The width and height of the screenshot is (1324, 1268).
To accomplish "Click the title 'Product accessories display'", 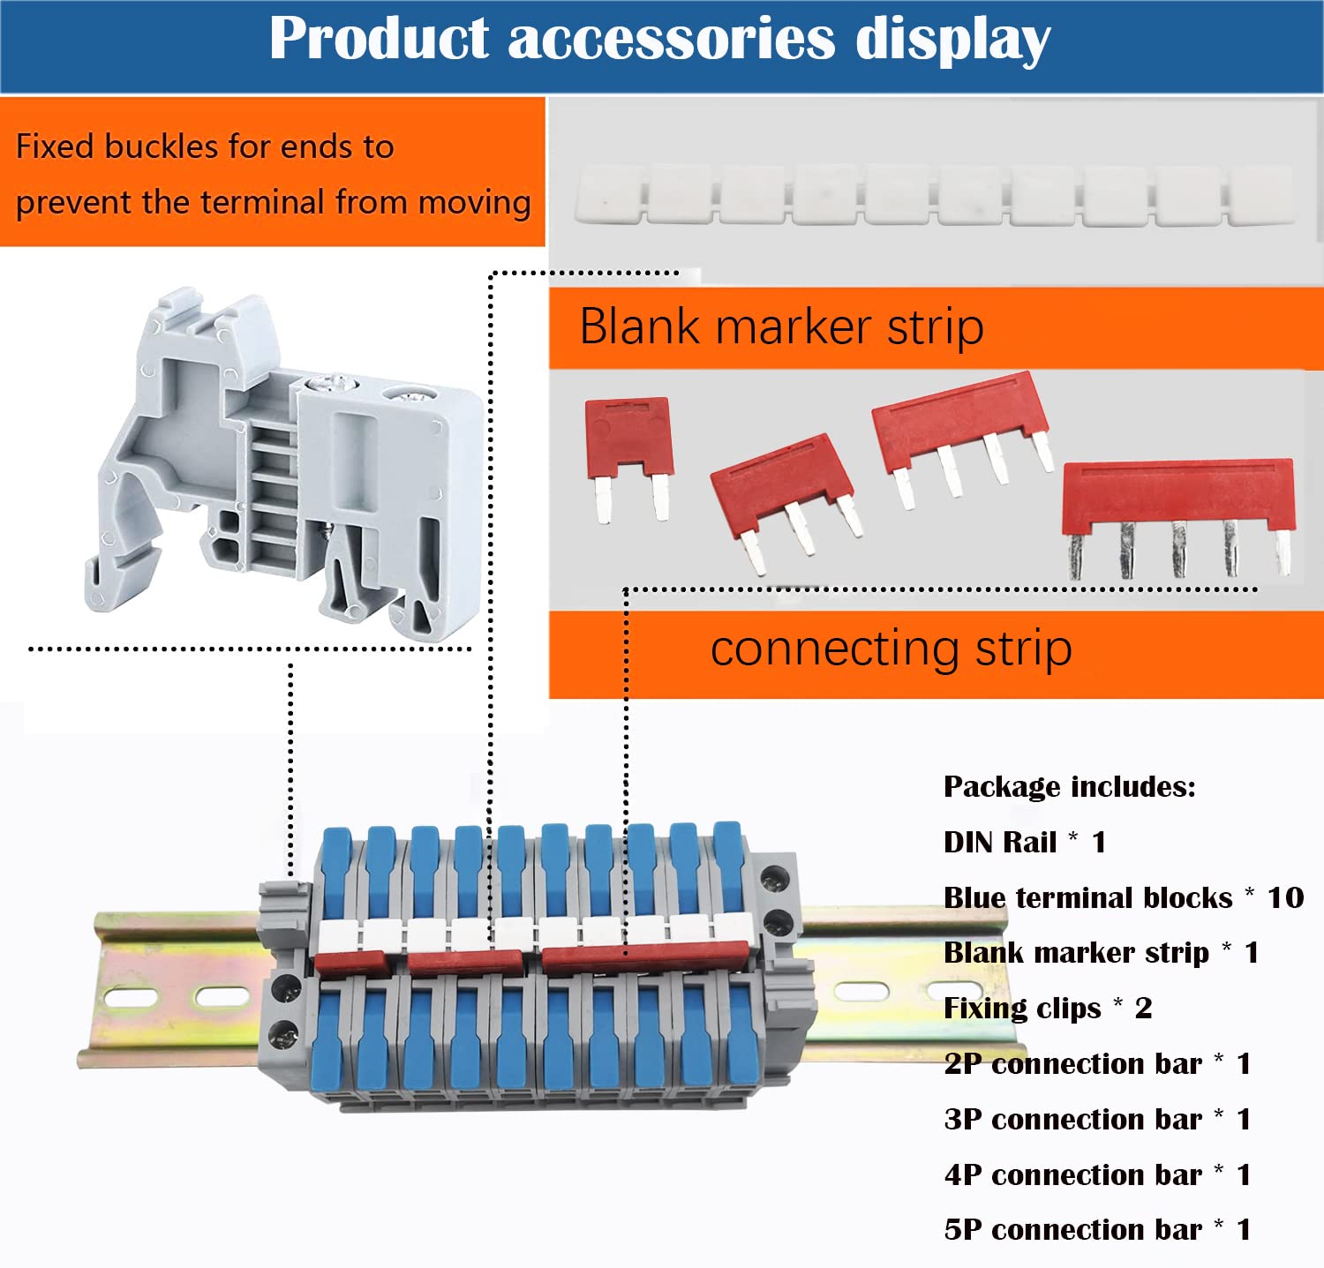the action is tap(660, 40).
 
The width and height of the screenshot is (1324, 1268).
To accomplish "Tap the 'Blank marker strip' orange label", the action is tap(936, 327).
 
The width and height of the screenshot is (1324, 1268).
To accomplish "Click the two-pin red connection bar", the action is tap(629, 457).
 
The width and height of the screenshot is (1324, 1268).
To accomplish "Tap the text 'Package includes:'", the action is tap(1070, 786).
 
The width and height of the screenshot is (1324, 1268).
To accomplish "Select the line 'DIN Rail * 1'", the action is tap(1025, 842).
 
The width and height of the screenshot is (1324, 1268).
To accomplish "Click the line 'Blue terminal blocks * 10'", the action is tap(1124, 897).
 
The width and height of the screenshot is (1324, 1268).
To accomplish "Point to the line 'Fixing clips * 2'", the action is tap(1048, 1008).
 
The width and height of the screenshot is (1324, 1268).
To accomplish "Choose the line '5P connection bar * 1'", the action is tap(1097, 1229).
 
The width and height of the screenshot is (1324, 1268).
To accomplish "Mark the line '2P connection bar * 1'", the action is tap(1097, 1063).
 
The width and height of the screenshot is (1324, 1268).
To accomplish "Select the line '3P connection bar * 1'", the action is tap(1097, 1119).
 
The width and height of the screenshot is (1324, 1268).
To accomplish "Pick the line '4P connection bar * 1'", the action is tap(1097, 1174).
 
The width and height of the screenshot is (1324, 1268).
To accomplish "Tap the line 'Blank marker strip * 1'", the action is tap(1101, 953).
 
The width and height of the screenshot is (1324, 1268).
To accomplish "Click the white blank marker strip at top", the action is tap(934, 195).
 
